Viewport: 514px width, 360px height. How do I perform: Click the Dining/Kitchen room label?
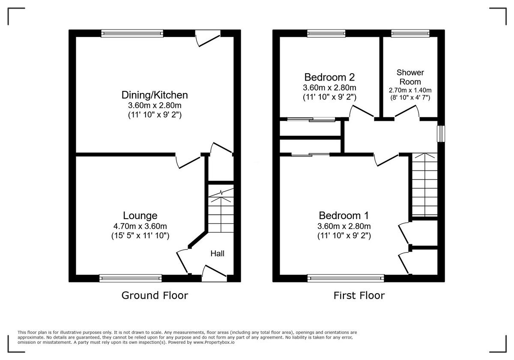[155, 95]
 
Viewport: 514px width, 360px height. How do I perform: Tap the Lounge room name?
[140, 216]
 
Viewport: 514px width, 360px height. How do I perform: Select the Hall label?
[217, 254]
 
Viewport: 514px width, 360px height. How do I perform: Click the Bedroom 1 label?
[344, 216]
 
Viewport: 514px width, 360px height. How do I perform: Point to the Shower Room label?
[410, 77]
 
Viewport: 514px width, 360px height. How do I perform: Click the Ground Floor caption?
[155, 295]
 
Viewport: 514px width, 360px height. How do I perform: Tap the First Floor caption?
[359, 295]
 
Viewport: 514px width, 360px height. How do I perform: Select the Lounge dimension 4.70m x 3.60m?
[140, 226]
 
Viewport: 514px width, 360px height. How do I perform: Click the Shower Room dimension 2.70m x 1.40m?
[410, 90]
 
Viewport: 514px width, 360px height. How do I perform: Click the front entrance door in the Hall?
[214, 274]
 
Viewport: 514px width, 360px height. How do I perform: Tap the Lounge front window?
[131, 278]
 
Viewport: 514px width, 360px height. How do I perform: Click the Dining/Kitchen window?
[132, 33]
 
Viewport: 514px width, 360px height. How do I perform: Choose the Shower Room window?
[410, 33]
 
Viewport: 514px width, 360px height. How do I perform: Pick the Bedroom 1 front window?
[346, 278]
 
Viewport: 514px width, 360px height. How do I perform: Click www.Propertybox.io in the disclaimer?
[213, 342]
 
